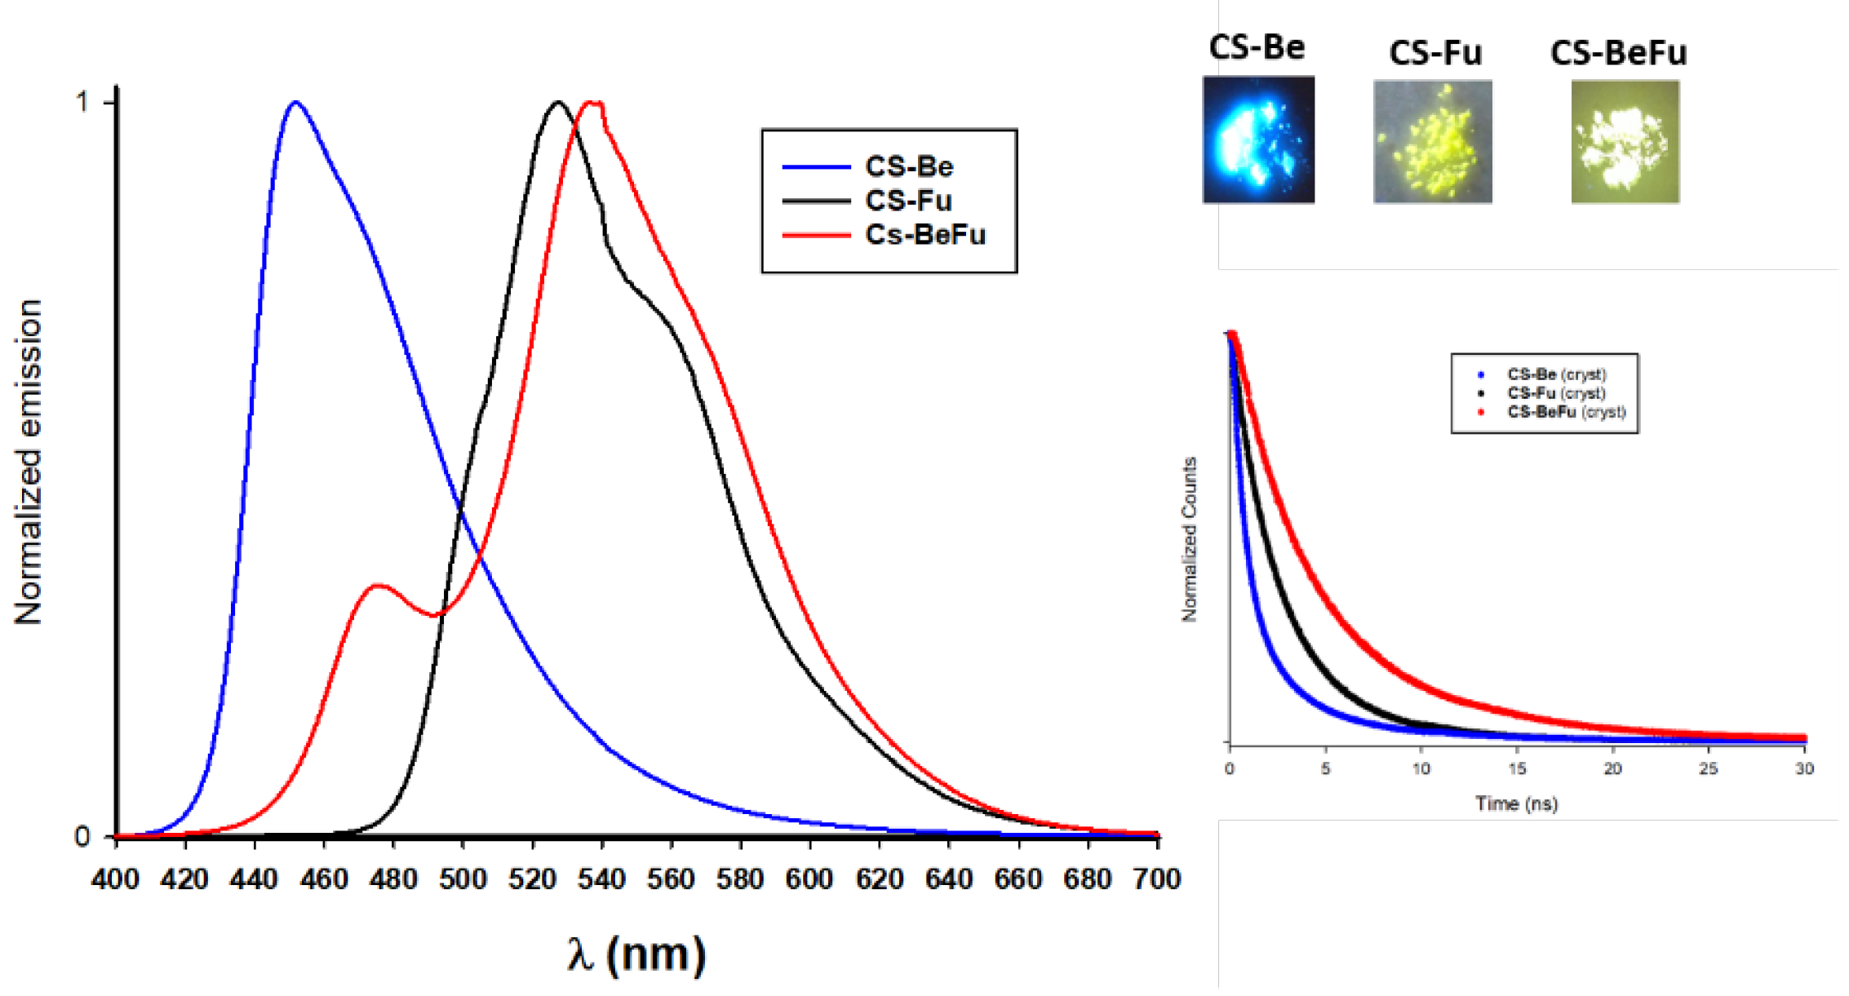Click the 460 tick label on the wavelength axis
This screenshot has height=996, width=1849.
coord(324,879)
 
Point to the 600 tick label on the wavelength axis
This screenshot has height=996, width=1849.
coord(809,879)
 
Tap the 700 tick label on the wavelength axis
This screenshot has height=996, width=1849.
coord(1157,879)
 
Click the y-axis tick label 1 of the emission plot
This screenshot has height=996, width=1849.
coord(82,103)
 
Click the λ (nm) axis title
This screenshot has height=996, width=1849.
coord(636,954)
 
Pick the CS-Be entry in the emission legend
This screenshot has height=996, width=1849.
coord(909,167)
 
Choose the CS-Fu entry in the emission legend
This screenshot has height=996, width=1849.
coord(908,201)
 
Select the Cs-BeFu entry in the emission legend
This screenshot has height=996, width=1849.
coord(925,235)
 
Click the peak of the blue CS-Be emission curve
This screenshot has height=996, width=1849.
coord(295,103)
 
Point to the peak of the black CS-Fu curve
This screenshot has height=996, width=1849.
coord(558,103)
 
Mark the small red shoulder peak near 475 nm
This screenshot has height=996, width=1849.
coord(378,586)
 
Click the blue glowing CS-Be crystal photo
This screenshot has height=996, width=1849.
coord(1258,139)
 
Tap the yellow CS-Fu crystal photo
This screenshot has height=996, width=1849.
coord(1433,141)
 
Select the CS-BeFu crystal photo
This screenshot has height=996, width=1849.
coord(1625,141)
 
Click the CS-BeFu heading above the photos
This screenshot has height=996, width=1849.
coord(1618,54)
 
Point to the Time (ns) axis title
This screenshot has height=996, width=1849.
coord(1516,804)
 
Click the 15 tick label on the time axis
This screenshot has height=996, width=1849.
coord(1517,768)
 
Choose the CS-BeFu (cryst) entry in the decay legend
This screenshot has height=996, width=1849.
coord(1566,412)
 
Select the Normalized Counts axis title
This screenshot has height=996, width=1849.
coord(1190,539)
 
